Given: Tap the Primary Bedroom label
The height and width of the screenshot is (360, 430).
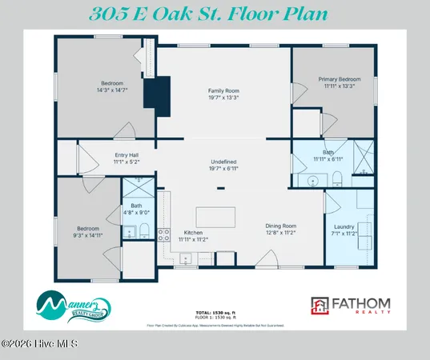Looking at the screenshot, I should point(340,80).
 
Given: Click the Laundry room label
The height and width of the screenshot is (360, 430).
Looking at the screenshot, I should point(344,226).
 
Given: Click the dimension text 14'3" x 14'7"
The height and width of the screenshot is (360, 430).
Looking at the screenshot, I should point(111,89).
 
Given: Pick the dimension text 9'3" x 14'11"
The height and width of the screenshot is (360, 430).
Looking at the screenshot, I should point(89,235).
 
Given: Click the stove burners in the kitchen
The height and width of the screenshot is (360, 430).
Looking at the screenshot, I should point(163,234).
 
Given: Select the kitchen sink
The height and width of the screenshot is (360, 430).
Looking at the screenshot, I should point(185,258).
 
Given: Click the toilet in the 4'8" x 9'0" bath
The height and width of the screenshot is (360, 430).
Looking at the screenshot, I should point(143,232).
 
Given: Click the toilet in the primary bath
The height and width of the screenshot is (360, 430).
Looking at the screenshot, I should point(337,178).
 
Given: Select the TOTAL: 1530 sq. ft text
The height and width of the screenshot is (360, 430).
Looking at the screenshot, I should point(215,310).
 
